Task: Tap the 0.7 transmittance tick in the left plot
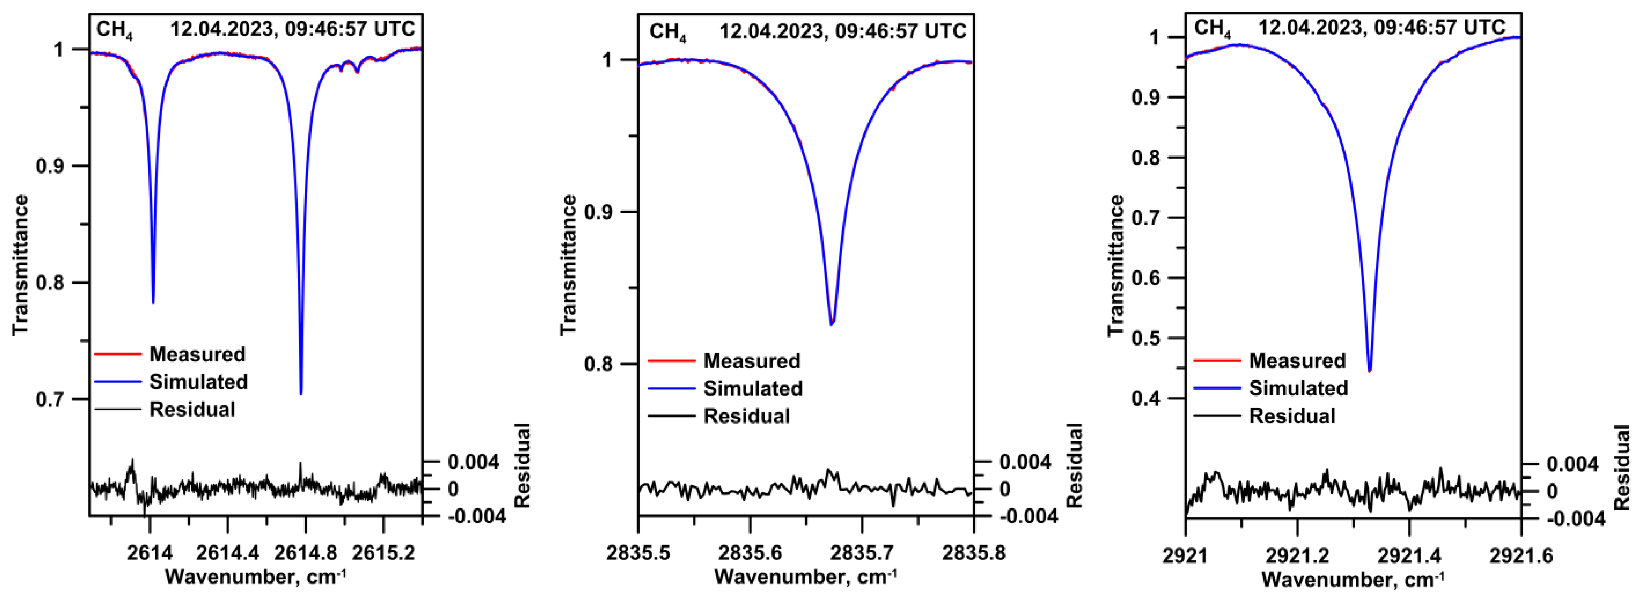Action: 54,400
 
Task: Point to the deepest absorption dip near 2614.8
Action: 301,393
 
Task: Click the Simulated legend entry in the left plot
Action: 198,382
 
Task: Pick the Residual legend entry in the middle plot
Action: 746,417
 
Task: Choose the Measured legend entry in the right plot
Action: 1297,360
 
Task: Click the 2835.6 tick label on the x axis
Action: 751,553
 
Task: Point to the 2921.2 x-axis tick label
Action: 1297,555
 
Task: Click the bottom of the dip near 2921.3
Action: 1369,370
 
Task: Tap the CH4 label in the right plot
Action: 1212,29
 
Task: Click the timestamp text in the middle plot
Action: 842,30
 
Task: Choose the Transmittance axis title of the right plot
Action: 1115,265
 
